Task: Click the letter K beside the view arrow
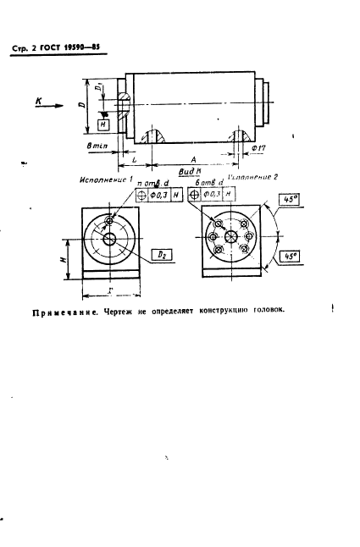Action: click(39, 100)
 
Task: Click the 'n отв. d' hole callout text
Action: click(152, 182)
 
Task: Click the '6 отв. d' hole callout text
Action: click(208, 182)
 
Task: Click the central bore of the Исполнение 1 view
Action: click(110, 239)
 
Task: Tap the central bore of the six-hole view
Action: click(230, 239)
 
